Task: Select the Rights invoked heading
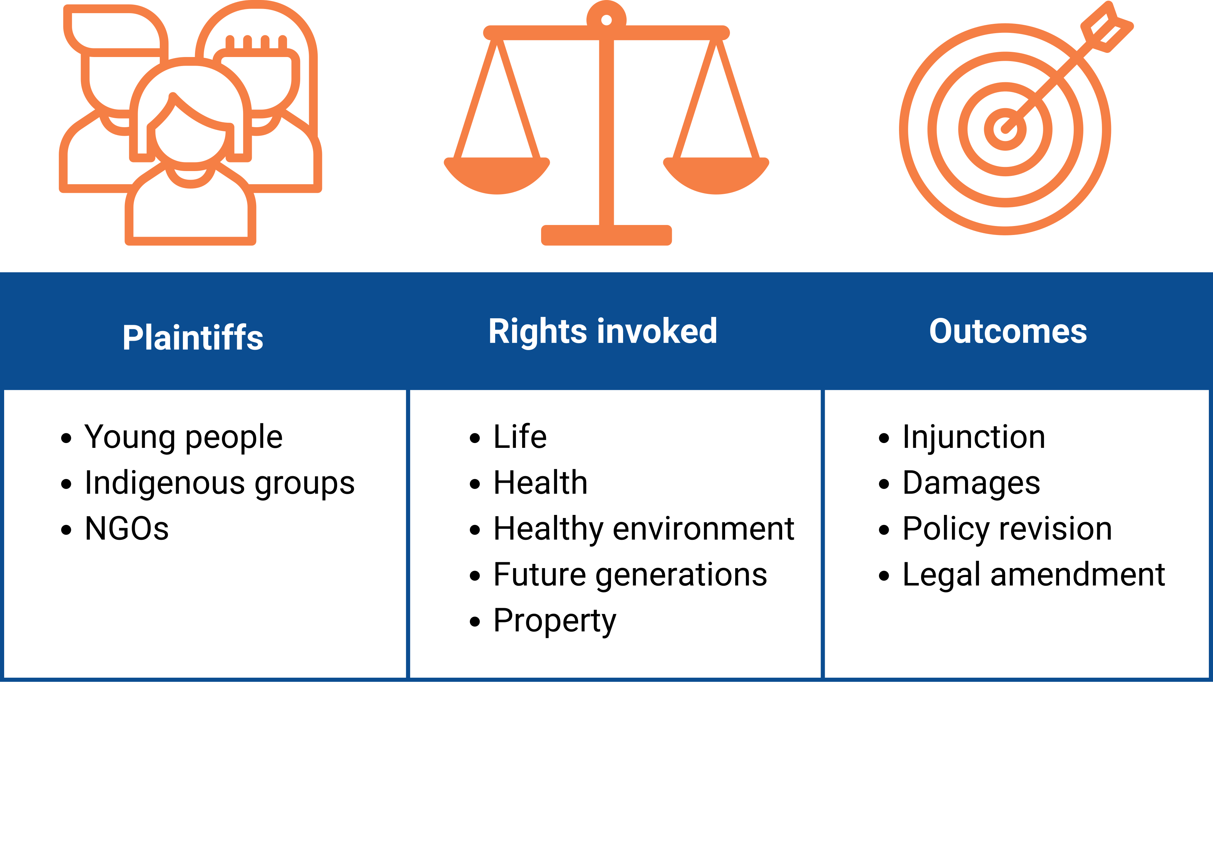coord(603,332)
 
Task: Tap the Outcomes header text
coord(1008,332)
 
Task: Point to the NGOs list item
coord(127,529)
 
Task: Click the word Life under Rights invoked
coord(520,437)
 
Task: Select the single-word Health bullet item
coord(540,483)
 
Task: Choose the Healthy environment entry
coord(644,529)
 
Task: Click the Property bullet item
coord(555,621)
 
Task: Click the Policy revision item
coord(1007,529)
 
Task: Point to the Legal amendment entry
coord(1034,575)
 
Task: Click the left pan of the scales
coord(497,176)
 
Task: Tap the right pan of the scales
coord(716,176)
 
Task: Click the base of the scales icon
coord(606,235)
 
